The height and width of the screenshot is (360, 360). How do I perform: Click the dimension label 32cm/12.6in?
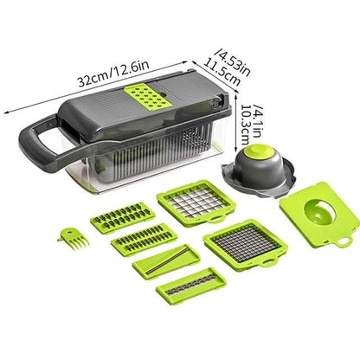click(x=113, y=74)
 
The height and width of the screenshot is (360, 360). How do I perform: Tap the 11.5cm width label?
click(x=222, y=73)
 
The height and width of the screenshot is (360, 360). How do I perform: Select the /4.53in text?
click(x=234, y=63)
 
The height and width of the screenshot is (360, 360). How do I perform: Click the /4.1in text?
click(x=257, y=120)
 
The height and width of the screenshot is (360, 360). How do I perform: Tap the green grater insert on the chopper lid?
click(x=145, y=99)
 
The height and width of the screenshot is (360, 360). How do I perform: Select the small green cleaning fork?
click(x=74, y=238)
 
